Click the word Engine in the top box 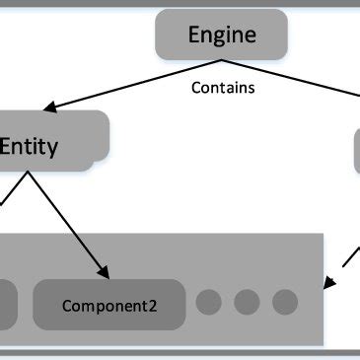pos(222,36)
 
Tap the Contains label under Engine pos(222,88)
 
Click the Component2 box pos(109,305)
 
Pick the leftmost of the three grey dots pos(208,302)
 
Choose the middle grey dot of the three pos(247,302)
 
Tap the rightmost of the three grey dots pos(284,302)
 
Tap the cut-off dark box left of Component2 pos(7,305)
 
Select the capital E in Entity pos(7,148)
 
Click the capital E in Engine pos(194,36)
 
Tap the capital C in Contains pos(194,88)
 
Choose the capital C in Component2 pos(67,306)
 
